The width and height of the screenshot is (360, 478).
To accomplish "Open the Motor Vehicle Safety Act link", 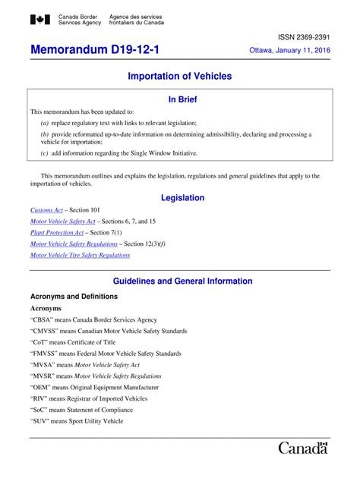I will (62, 222).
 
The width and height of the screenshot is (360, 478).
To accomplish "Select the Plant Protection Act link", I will (57, 233).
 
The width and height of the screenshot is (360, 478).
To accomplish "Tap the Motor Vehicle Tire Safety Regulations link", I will (80, 256).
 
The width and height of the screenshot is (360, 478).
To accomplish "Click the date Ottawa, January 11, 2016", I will (290, 52).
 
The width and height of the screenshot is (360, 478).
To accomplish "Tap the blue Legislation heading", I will (182, 198).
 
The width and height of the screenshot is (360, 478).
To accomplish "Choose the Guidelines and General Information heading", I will (182, 281).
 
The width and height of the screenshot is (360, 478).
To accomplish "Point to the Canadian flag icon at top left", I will (39, 20).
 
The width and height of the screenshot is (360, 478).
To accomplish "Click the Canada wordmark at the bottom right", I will (303, 448).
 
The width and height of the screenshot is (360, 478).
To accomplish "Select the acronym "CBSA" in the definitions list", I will (43, 320).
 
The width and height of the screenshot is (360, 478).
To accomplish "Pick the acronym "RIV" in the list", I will (41, 398).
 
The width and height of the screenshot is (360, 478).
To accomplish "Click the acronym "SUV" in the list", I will (43, 421).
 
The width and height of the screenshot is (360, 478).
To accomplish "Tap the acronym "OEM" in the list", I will (43, 388).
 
